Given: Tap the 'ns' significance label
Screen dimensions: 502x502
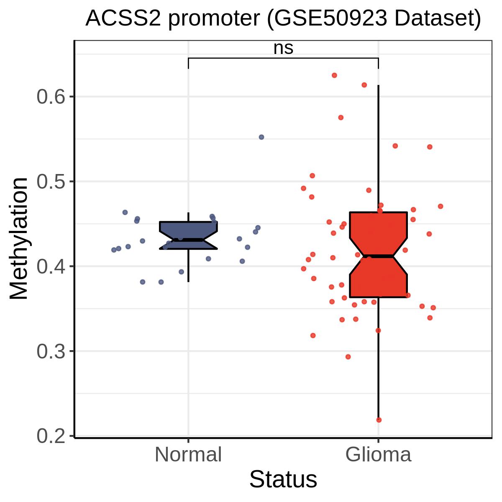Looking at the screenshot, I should pyautogui.click(x=283, y=48).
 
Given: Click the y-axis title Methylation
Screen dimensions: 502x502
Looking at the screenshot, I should pyautogui.click(x=19, y=238).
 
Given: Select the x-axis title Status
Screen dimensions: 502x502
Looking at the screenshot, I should pyautogui.click(x=283, y=479).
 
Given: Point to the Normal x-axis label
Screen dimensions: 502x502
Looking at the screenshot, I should pyautogui.click(x=188, y=455).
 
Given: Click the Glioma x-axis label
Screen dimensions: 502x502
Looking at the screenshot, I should pyautogui.click(x=378, y=455).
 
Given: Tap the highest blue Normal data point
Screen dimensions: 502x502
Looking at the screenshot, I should pyautogui.click(x=261, y=137).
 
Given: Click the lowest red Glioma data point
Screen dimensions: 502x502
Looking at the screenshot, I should pyautogui.click(x=379, y=420).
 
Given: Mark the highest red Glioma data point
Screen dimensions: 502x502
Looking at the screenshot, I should pyautogui.click(x=334, y=75).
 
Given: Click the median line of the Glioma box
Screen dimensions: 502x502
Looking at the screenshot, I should pyautogui.click(x=378, y=256).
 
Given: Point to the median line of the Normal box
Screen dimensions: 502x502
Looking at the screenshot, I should pyautogui.click(x=188, y=240).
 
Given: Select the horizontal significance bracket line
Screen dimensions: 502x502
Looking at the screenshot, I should pyautogui.click(x=283, y=58).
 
